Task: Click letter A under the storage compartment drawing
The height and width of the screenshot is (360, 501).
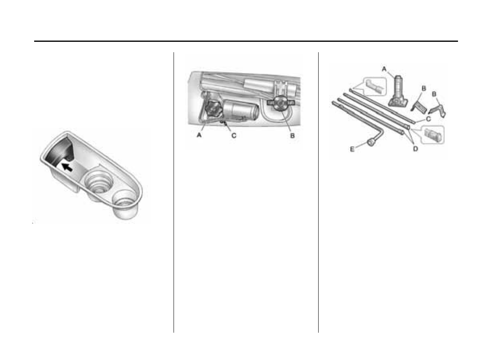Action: tap(198, 136)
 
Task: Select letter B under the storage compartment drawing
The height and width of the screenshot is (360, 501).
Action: tap(292, 136)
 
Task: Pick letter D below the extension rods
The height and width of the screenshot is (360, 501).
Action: tap(416, 149)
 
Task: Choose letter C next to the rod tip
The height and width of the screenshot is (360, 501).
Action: tap(429, 119)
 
